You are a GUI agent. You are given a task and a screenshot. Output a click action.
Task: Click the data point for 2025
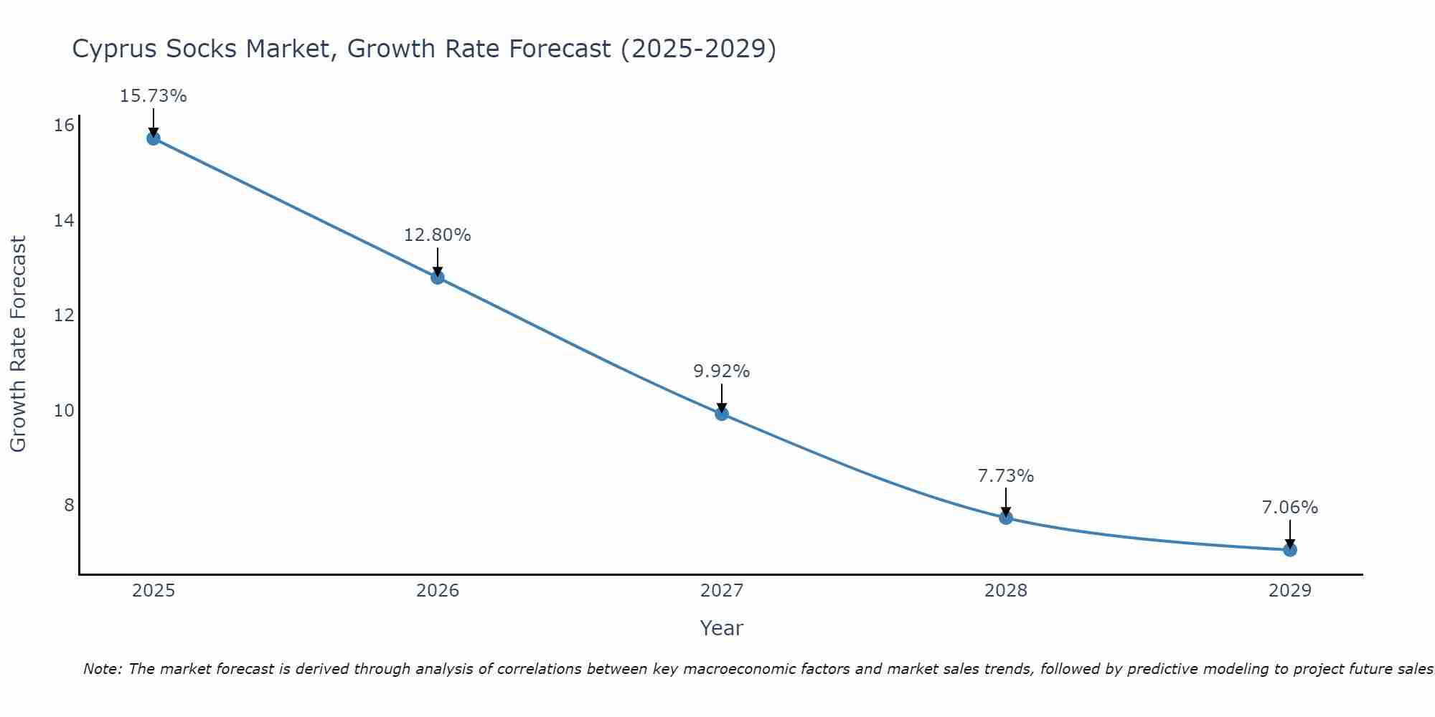point(154,138)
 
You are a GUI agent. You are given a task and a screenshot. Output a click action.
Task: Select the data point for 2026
point(438,277)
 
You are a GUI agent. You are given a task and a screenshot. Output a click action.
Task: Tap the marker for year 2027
point(722,414)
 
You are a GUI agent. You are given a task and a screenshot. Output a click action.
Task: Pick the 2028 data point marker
point(1006,518)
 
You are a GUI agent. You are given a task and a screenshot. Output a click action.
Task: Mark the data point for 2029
point(1290,550)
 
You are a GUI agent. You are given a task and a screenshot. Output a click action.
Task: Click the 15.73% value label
point(153,96)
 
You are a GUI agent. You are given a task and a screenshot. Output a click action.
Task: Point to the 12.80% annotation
point(437,235)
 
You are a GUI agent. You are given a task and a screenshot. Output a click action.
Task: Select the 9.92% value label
point(721,371)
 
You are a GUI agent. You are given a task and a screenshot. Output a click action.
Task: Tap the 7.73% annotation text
point(1005,476)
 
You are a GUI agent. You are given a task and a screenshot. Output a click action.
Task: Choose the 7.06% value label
point(1289,508)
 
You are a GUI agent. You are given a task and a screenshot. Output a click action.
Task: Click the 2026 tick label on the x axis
point(438,591)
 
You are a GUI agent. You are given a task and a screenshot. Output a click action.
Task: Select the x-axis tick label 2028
point(1006,591)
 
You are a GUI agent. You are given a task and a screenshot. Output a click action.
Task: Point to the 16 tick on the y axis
point(64,126)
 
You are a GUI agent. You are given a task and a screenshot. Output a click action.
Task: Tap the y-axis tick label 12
point(64,315)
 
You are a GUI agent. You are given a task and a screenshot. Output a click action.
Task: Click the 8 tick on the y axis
point(69,505)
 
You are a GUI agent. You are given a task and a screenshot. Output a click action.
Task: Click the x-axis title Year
point(721,628)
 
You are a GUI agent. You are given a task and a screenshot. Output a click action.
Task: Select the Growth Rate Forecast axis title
point(18,344)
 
